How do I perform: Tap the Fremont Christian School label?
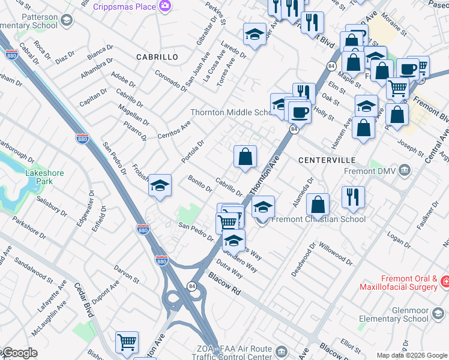click(318, 219)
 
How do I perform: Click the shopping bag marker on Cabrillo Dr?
click(245, 157)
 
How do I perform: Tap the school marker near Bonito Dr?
click(160, 185)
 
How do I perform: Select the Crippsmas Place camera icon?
click(165, 6)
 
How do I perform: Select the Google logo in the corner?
click(19, 353)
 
